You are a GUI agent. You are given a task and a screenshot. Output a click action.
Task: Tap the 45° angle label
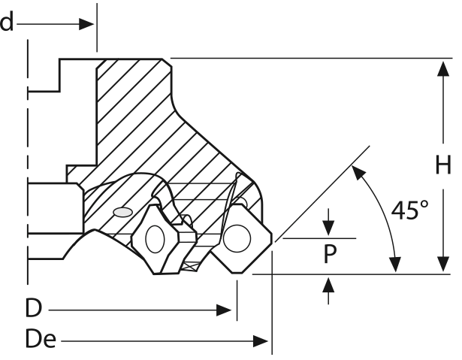coord(411,210)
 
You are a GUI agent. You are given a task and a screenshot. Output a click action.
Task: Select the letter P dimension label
coord(330,254)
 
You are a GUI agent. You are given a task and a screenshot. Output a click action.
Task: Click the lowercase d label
coord(7,23)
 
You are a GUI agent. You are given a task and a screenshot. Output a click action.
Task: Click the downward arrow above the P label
coord(329,228)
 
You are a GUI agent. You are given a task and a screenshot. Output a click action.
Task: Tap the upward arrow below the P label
coord(329,284)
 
